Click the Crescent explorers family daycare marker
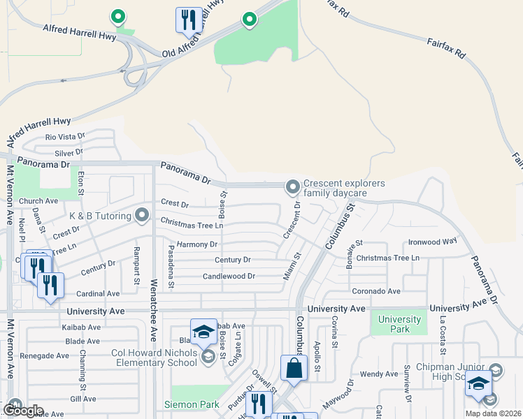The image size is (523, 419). (x=292, y=187)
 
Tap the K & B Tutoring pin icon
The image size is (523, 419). (x=143, y=215)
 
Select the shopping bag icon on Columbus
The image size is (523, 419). (x=294, y=368)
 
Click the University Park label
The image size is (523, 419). (x=399, y=324)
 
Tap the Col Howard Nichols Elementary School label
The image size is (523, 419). (x=154, y=358)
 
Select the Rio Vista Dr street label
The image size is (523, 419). (x=65, y=138)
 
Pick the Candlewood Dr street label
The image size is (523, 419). (x=229, y=276)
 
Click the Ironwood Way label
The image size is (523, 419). (x=432, y=241)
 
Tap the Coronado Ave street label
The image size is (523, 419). (x=376, y=291)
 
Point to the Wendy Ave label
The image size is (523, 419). (x=378, y=374)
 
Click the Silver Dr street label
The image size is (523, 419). (x=69, y=152)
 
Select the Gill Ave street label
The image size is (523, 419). (x=87, y=399)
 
